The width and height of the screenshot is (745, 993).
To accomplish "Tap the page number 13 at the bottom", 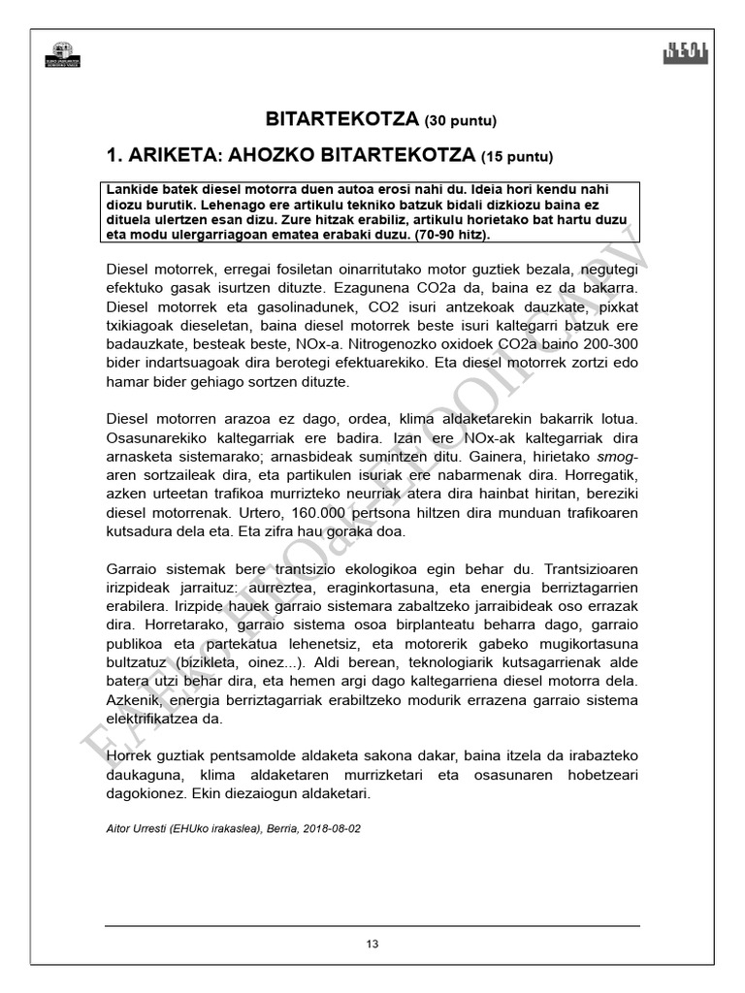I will pos(372,945).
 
